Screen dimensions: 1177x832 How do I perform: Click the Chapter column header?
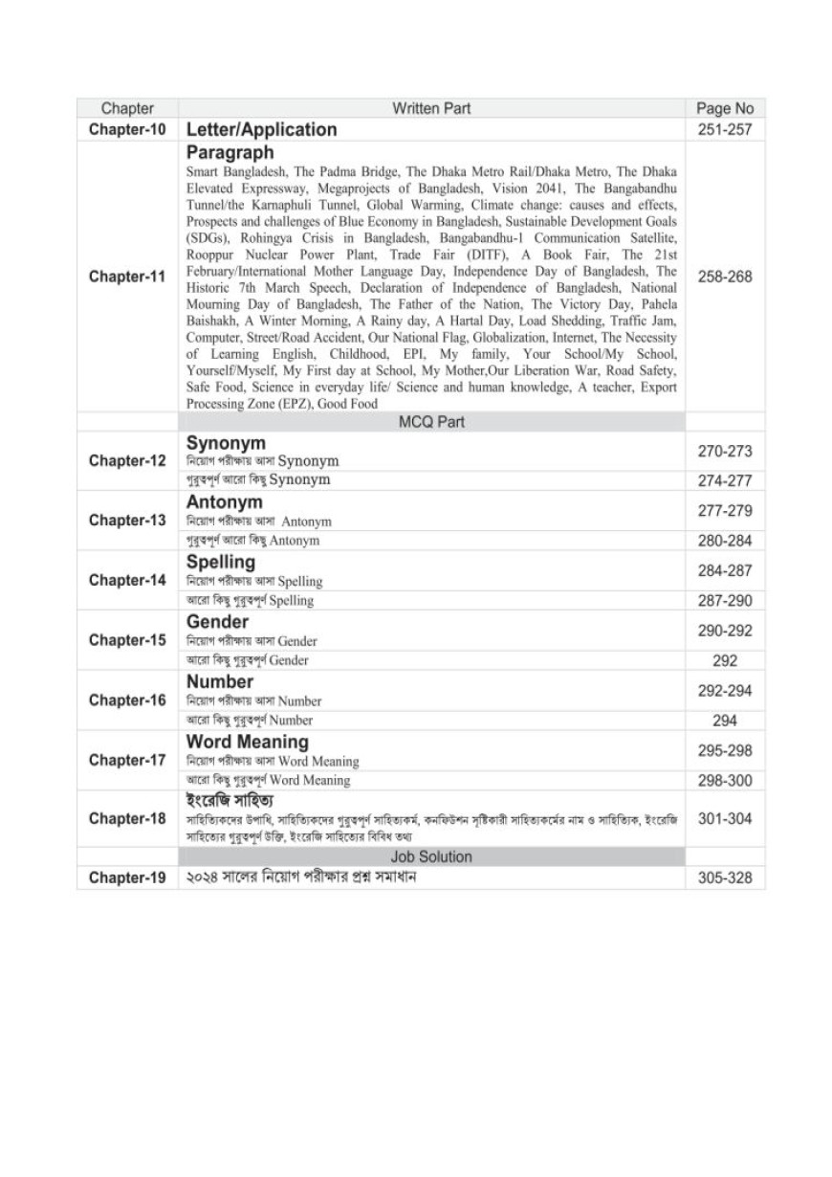(x=127, y=108)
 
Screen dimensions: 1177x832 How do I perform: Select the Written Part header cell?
(x=431, y=108)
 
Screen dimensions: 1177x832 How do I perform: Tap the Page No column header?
(x=725, y=108)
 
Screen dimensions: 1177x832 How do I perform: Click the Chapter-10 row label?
(x=127, y=129)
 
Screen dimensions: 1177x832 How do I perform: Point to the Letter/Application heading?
(x=261, y=129)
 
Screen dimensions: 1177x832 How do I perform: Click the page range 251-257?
(x=725, y=129)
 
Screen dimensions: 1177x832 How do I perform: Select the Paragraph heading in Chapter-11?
(x=230, y=152)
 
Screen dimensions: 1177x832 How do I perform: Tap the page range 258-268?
(x=725, y=277)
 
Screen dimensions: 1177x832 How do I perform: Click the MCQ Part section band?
(x=431, y=421)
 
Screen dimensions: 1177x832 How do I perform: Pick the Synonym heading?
(x=226, y=443)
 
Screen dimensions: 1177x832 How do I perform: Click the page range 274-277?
(x=725, y=480)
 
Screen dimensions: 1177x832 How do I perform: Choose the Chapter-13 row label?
(x=127, y=521)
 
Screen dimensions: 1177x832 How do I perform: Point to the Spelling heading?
(x=221, y=562)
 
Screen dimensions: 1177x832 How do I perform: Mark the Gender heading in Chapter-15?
(x=217, y=622)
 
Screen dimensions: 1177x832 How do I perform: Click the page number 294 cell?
(x=725, y=721)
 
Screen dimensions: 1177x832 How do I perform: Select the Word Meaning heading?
(x=248, y=742)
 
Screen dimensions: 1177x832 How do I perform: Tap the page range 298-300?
(x=725, y=781)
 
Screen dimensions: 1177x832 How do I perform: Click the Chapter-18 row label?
(x=127, y=819)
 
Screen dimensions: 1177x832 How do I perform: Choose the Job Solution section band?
(x=431, y=856)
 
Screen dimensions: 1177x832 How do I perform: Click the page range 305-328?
(x=725, y=877)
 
